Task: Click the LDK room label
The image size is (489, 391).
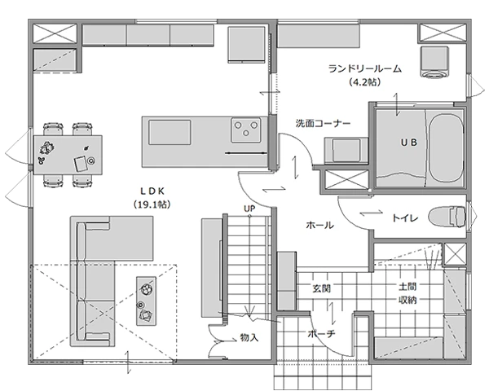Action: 152,191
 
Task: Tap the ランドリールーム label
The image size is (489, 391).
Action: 365,68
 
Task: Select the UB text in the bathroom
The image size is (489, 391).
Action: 408,143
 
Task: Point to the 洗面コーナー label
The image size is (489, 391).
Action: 323,124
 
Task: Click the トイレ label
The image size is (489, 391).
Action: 405,218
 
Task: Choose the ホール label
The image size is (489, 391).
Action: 319,225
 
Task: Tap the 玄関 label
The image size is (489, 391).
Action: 322,288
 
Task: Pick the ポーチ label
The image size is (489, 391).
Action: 321,334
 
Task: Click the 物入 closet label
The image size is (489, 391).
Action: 249,337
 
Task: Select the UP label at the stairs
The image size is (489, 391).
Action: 249,209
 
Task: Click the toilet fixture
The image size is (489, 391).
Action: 447,217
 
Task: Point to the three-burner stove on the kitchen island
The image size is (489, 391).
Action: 246,130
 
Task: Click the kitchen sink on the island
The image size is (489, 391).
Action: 170,132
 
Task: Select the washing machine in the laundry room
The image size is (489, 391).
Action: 434,62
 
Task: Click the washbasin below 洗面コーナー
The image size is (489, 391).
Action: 346,150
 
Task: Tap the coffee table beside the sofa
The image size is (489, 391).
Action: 146,301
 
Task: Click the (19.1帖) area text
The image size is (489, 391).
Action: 152,204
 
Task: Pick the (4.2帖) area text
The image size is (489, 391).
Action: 365,82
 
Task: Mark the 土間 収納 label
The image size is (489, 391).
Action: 407,293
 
